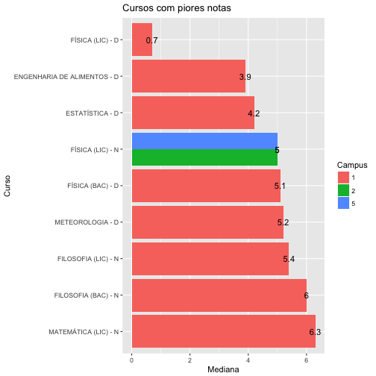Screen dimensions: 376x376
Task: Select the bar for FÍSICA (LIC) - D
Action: click(142, 40)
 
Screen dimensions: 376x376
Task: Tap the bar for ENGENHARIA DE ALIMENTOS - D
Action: click(188, 76)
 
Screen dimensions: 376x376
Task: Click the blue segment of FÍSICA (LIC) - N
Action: click(204, 140)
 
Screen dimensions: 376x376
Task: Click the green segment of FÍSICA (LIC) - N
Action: click(204, 157)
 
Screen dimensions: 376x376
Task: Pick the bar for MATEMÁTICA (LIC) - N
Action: click(223, 331)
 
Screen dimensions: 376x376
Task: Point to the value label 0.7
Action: click(151, 40)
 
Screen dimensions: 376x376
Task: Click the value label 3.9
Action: click(245, 77)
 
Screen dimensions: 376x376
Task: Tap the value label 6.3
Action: click(315, 332)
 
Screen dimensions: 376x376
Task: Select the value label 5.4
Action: click(289, 259)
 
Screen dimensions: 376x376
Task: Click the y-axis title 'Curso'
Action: click(7, 186)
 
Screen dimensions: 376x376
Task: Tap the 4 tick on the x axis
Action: click(248, 356)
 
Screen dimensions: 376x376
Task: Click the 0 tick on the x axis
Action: click(132, 356)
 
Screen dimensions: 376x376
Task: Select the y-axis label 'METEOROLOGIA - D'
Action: click(87, 222)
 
